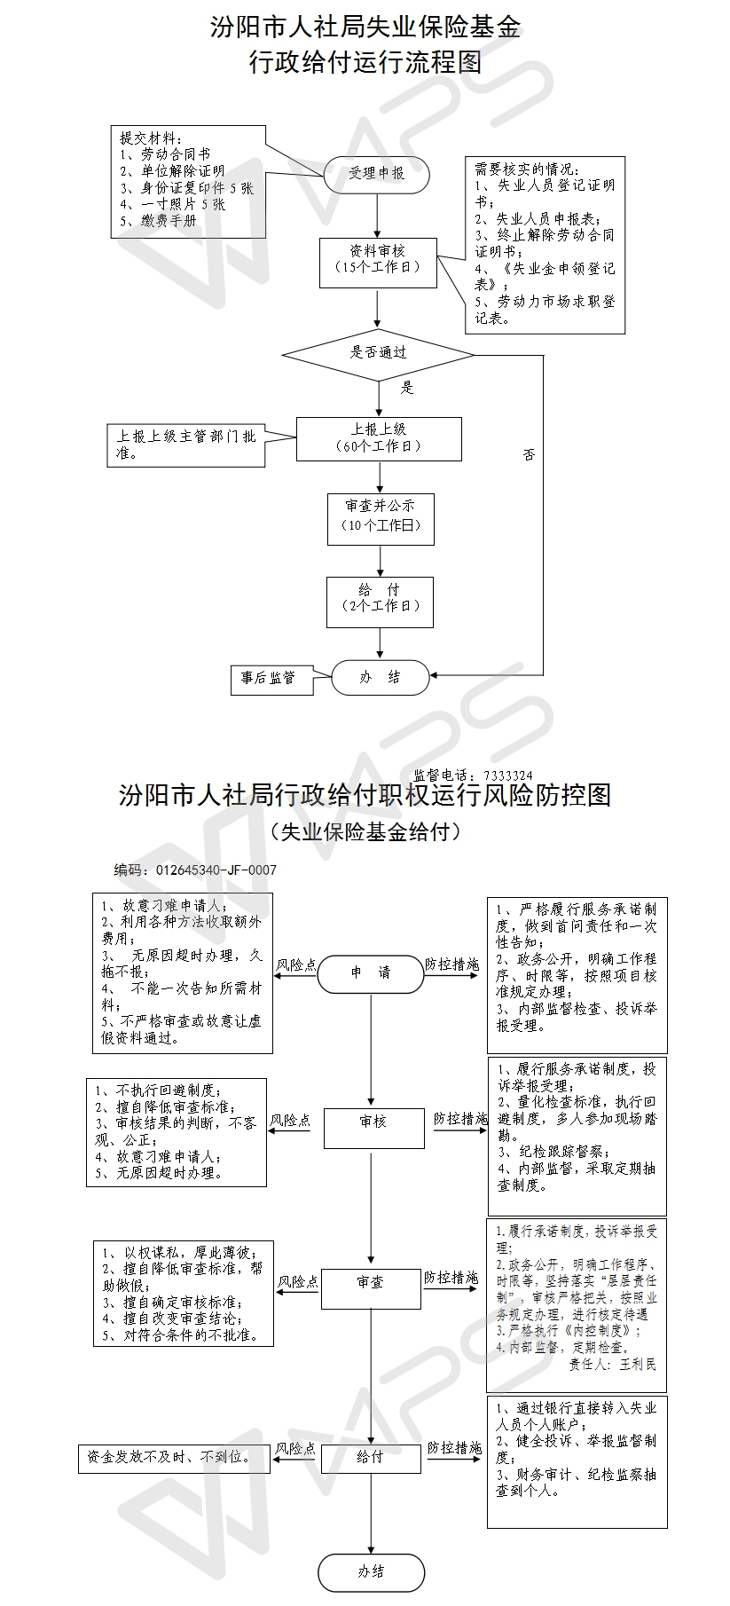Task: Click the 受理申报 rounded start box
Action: pos(376,174)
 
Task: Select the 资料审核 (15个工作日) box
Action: pos(378,261)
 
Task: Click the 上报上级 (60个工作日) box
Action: pos(379,438)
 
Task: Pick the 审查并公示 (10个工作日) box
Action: pos(381,517)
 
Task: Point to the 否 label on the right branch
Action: pos(529,455)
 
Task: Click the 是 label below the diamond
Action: pos(407,387)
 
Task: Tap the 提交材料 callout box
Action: pos(188,181)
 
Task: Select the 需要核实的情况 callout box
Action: pos(545,245)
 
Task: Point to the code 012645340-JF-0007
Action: pos(216,870)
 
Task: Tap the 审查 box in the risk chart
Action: pos(370,1283)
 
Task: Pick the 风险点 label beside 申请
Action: pos(295,964)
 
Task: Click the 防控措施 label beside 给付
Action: pos(454,1447)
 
